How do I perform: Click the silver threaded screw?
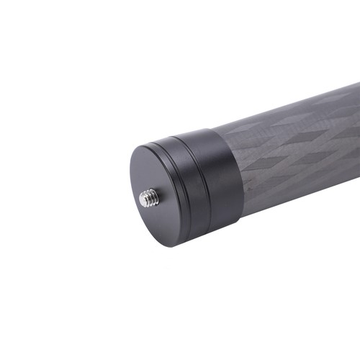[148, 197]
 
